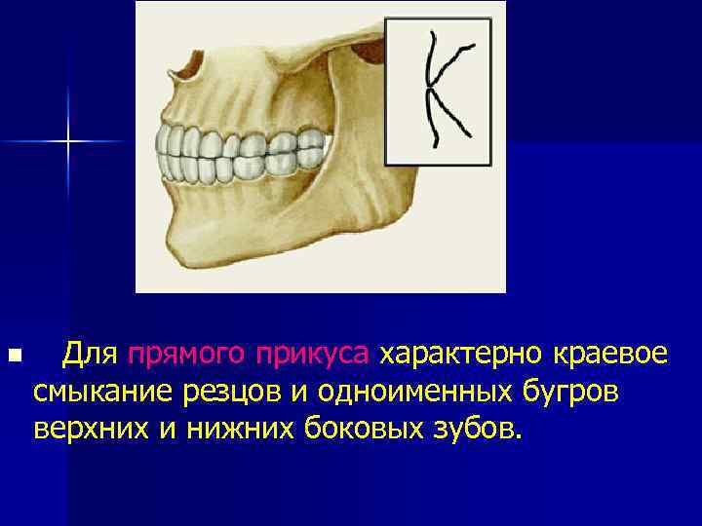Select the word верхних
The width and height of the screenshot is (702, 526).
point(89,429)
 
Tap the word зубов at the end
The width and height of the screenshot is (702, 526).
point(468,429)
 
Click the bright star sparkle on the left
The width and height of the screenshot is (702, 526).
point(68,142)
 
